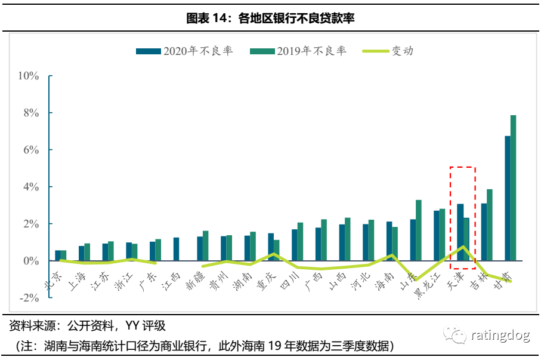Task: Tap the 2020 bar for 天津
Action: click(460, 232)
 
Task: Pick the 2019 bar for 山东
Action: click(418, 230)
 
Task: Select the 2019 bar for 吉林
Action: click(489, 225)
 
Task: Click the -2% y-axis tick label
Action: click(29, 297)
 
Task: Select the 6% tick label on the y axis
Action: click(31, 150)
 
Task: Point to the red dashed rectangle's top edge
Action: click(462, 167)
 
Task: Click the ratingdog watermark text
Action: click(500, 336)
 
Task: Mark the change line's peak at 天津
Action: click(463, 247)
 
